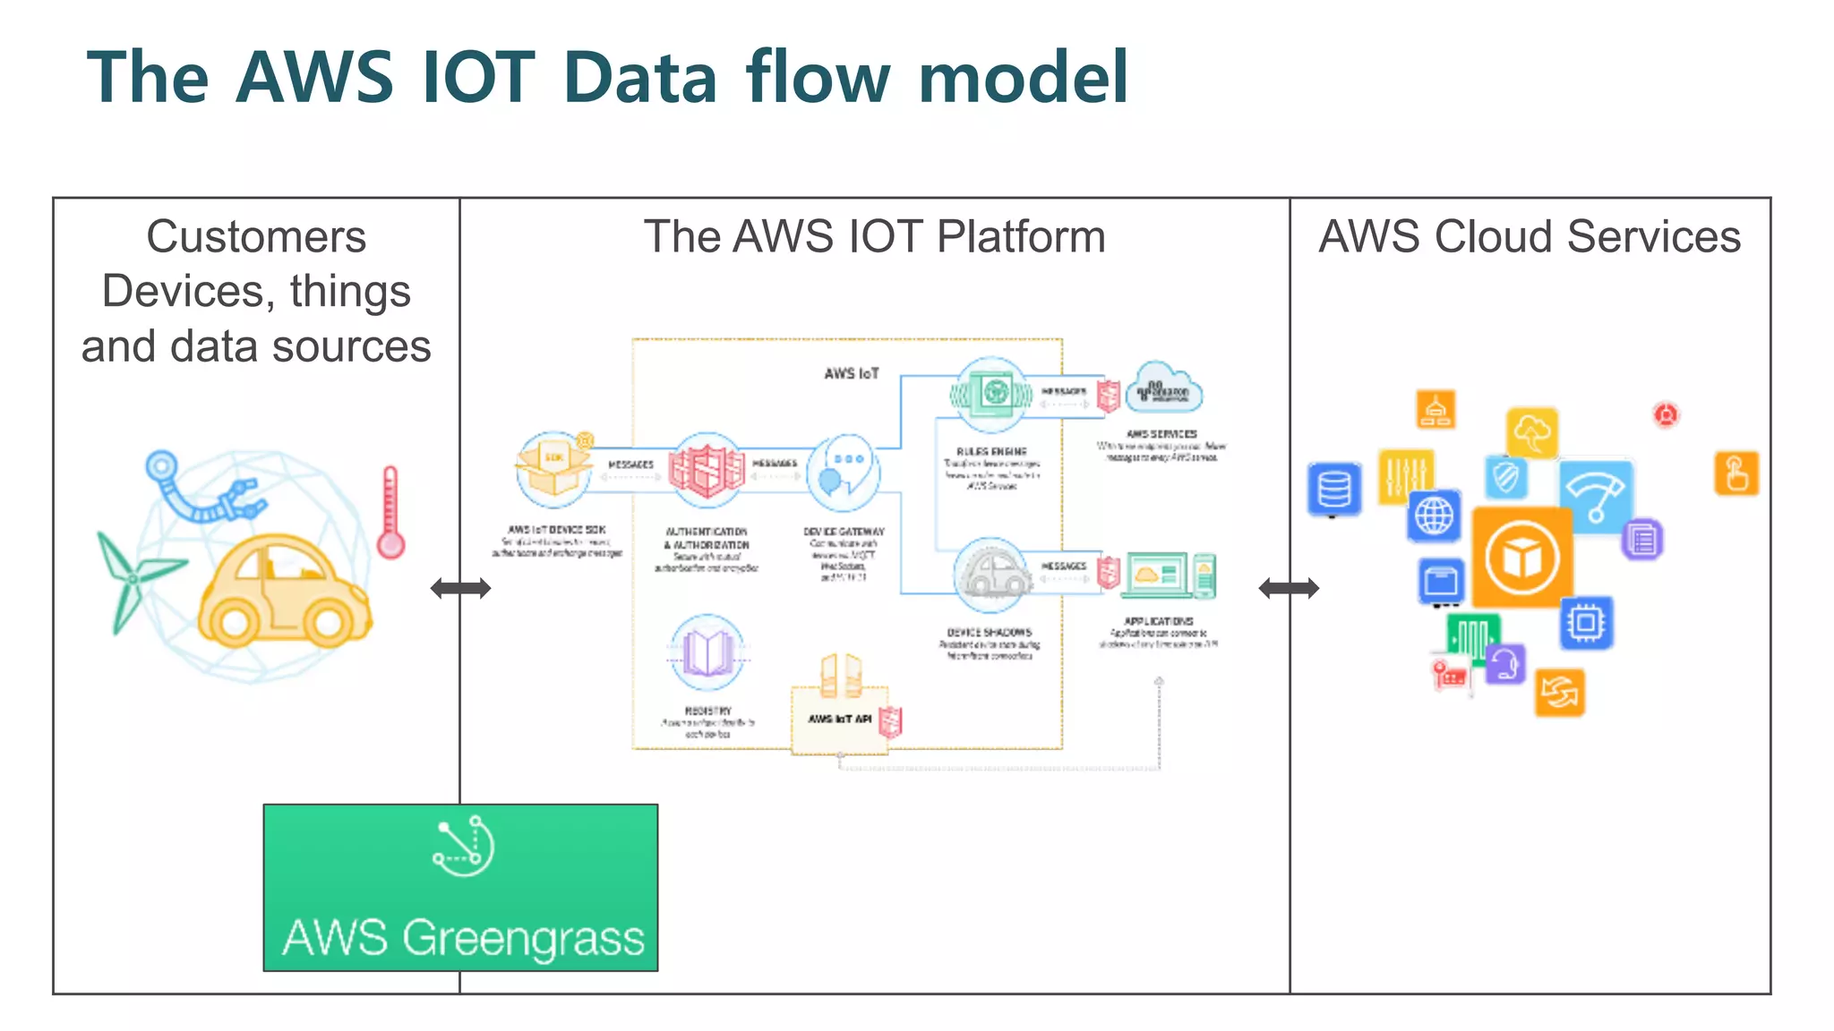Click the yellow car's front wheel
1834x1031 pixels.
coord(328,620)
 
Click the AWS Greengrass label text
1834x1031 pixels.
coord(463,938)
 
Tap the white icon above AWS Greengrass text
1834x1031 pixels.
coord(463,846)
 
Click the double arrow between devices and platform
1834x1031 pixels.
coord(460,588)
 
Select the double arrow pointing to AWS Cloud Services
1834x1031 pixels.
coord(1289,588)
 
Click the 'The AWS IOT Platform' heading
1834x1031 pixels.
coord(874,237)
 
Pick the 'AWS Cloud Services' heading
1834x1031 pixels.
coord(1530,237)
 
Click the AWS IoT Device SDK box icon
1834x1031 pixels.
coord(554,469)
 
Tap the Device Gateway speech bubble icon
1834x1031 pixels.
coord(844,472)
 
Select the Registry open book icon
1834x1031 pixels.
coord(707,651)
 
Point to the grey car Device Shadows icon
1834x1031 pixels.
coord(991,574)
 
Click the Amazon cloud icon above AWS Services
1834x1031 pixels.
coord(1163,388)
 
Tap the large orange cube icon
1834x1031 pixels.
coord(1521,558)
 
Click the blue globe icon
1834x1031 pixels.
coord(1434,516)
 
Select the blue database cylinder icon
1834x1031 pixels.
coord(1333,490)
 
